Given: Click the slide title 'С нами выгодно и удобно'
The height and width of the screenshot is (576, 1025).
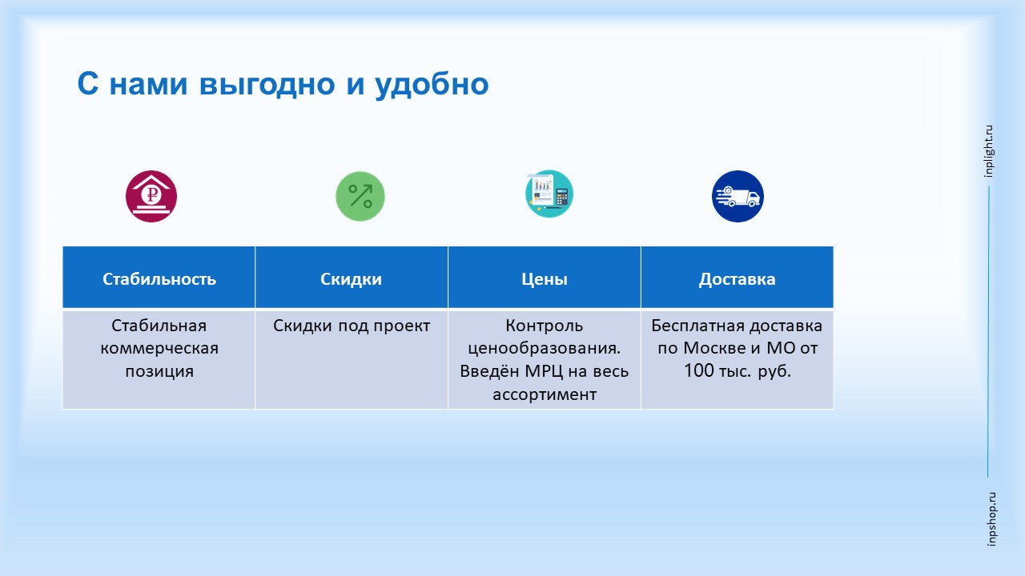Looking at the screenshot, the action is point(283,85).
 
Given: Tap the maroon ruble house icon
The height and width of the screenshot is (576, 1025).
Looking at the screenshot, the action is point(151,197).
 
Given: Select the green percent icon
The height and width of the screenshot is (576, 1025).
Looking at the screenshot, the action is point(360,197).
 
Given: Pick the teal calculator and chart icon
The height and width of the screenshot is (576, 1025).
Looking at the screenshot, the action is point(549,194).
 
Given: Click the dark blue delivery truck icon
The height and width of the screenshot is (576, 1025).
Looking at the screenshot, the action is point(738,197).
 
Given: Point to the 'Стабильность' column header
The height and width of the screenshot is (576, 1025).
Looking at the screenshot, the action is point(159,279).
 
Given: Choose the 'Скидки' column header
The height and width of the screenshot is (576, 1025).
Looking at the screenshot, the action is point(351,279).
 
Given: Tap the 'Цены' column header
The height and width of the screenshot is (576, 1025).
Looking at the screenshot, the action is point(545,279).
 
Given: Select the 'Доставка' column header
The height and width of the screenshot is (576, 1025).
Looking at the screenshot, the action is point(738,279).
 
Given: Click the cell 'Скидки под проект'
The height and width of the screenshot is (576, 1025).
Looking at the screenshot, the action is point(352,326).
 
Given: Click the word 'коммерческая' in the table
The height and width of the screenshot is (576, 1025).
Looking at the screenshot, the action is point(159,348).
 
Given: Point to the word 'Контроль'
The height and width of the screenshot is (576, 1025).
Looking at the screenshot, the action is point(545,326).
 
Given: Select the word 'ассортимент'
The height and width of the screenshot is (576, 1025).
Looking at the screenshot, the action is point(545,394).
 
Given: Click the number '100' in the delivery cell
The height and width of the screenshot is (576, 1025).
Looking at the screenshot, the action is point(699,370).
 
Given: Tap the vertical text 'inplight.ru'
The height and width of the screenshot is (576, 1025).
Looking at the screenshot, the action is point(988,151).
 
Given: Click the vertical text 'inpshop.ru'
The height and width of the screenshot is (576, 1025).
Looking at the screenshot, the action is point(991,519).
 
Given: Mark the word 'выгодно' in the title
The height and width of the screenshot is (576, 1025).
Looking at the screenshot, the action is point(267,85).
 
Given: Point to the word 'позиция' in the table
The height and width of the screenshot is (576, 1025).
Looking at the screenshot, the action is point(159,371).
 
